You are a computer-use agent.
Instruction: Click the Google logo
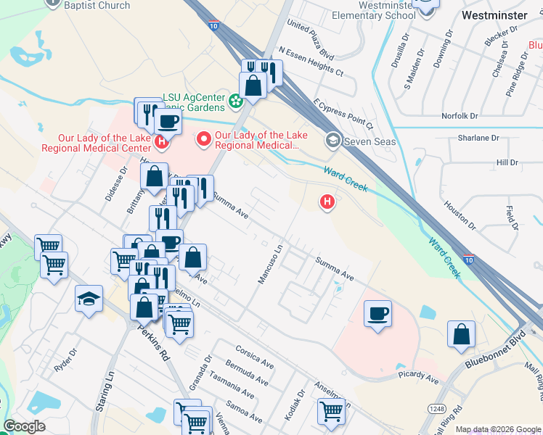(x=25, y=426)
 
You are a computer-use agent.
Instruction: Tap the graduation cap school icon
(x=89, y=299)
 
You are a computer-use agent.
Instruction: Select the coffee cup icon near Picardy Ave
(x=377, y=315)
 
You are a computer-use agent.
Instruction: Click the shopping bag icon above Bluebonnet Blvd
(x=461, y=334)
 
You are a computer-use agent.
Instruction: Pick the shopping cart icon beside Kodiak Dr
(x=331, y=411)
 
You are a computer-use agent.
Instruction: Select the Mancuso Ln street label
(x=269, y=264)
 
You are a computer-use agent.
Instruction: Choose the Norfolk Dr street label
(x=460, y=115)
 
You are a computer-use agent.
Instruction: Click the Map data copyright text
(x=497, y=429)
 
